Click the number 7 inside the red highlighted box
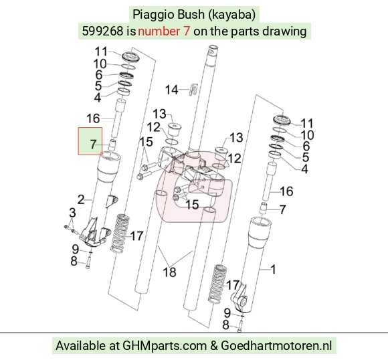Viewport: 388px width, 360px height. click(93, 144)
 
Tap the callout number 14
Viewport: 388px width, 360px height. click(171, 90)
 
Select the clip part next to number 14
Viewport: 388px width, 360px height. click(195, 89)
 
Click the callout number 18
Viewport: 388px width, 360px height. click(169, 272)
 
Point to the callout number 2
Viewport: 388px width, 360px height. click(81, 199)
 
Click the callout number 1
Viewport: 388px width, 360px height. click(273, 270)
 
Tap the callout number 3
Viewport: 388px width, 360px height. click(72, 212)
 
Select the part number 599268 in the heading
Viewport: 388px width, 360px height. click(102, 31)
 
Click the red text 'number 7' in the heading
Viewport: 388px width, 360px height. click(164, 31)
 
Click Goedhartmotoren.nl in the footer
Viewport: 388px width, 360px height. click(276, 345)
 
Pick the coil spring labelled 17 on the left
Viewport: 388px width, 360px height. click(121, 234)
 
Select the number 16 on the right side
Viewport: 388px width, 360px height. click(286, 191)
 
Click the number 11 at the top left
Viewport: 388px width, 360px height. click(102, 52)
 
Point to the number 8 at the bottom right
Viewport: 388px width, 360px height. click(225, 325)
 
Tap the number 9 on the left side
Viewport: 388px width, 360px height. click(76, 249)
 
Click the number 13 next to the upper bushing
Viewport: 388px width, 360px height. click(159, 114)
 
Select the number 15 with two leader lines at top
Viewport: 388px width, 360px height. click(147, 142)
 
